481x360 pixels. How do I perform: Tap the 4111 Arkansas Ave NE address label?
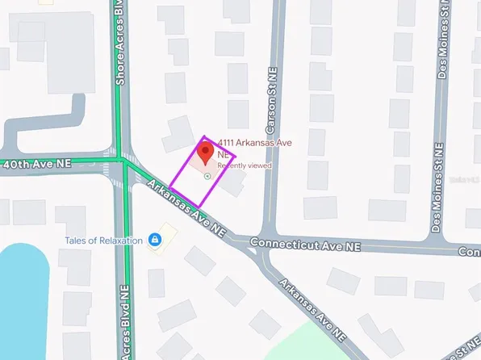tap(254, 143)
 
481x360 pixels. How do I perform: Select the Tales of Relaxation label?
tap(103, 241)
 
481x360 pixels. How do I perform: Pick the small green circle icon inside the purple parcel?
tap(207, 175)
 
